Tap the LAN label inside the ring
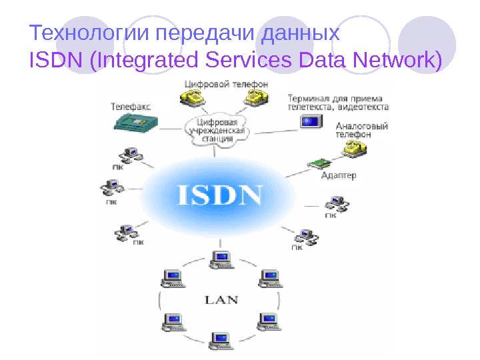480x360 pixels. (221, 299)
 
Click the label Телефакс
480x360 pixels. (131, 105)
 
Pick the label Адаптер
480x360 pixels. (339, 176)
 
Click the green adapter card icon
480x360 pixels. (319, 162)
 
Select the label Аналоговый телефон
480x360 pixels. (353, 129)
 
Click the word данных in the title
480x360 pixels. (301, 33)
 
